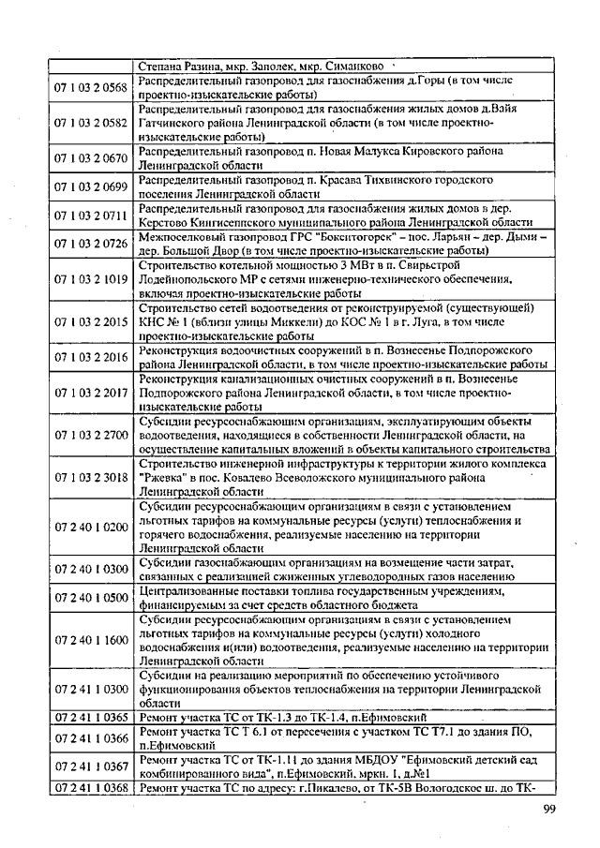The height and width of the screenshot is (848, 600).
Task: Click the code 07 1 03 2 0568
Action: pyautogui.click(x=91, y=88)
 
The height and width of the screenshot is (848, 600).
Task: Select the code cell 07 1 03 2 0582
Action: pyautogui.click(x=91, y=123)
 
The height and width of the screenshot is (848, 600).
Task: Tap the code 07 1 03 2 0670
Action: pyautogui.click(x=91, y=156)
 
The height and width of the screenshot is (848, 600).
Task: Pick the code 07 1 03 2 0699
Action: pyautogui.click(x=91, y=186)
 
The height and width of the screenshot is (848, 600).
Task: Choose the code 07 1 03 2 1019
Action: pyautogui.click(x=91, y=279)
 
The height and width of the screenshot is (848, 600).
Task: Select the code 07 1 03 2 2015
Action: pyautogui.click(x=91, y=321)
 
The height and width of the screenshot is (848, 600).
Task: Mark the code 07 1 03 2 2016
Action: pyautogui.click(x=91, y=357)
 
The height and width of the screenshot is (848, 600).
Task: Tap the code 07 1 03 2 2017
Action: pyautogui.click(x=91, y=393)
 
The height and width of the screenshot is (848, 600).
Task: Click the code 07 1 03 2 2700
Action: pyautogui.click(x=91, y=436)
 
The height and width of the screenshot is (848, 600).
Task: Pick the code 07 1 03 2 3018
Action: pyautogui.click(x=91, y=478)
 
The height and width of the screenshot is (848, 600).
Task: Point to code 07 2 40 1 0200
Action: pyautogui.click(x=91, y=527)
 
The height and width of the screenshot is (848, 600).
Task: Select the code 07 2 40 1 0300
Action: pyautogui.click(x=91, y=569)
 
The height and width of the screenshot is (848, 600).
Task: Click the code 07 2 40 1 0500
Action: pyautogui.click(x=91, y=598)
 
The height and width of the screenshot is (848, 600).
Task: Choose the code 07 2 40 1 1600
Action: pyautogui.click(x=91, y=640)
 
